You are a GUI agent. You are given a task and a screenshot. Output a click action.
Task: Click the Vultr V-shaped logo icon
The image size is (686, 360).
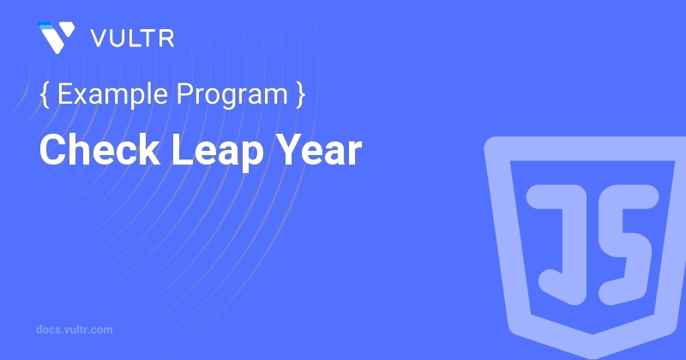pos(56,37)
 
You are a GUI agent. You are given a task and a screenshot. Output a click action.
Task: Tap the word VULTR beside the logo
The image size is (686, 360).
pos(132,39)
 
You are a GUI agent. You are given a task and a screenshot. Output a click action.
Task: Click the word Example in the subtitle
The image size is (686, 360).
pos(112,95)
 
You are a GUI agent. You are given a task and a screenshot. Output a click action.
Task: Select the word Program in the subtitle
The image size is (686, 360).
pos(232,95)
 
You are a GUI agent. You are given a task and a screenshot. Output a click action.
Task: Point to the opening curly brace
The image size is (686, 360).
pos(45,94)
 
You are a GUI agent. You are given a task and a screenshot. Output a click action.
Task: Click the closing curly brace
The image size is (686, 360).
pos(301,94)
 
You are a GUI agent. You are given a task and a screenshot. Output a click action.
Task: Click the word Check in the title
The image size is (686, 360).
pos(99,150)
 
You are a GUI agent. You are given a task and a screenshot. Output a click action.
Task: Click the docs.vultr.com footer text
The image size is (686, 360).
pos(75,330)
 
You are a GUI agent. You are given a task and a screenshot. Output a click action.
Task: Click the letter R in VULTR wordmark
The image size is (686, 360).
pos(166,39)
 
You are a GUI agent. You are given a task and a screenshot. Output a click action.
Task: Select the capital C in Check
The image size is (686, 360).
pos(55,150)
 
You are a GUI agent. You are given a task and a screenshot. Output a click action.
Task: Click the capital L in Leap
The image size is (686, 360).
pos(182,150)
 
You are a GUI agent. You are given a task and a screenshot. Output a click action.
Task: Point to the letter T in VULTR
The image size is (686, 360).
pos(148,39)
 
